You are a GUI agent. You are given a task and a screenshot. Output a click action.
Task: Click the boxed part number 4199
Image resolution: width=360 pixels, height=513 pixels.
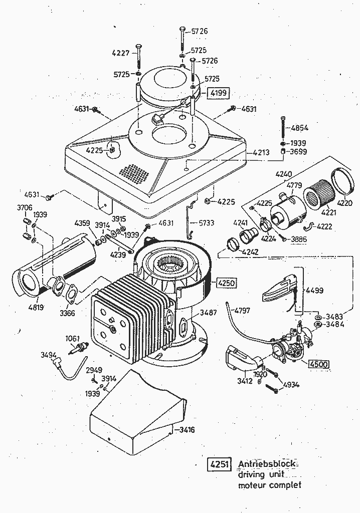click(x=218, y=93)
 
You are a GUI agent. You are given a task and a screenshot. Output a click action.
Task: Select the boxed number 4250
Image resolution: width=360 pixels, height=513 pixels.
click(x=225, y=283)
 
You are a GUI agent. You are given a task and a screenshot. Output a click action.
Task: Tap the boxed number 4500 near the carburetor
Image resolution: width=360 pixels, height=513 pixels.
click(x=319, y=364)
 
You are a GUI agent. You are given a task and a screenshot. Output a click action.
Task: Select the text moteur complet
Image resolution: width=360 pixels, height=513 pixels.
click(x=270, y=485)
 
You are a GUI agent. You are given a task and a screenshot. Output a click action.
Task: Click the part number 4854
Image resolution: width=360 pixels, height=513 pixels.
click(x=300, y=127)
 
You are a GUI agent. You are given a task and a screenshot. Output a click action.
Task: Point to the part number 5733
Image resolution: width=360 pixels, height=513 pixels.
click(x=205, y=223)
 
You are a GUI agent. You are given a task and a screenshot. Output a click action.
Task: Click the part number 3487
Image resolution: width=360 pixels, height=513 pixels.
click(x=209, y=313)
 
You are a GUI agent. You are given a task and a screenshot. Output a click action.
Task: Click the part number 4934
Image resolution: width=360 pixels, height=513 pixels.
click(x=292, y=384)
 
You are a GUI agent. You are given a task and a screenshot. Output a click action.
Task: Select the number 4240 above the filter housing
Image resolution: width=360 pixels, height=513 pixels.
click(x=284, y=174)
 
